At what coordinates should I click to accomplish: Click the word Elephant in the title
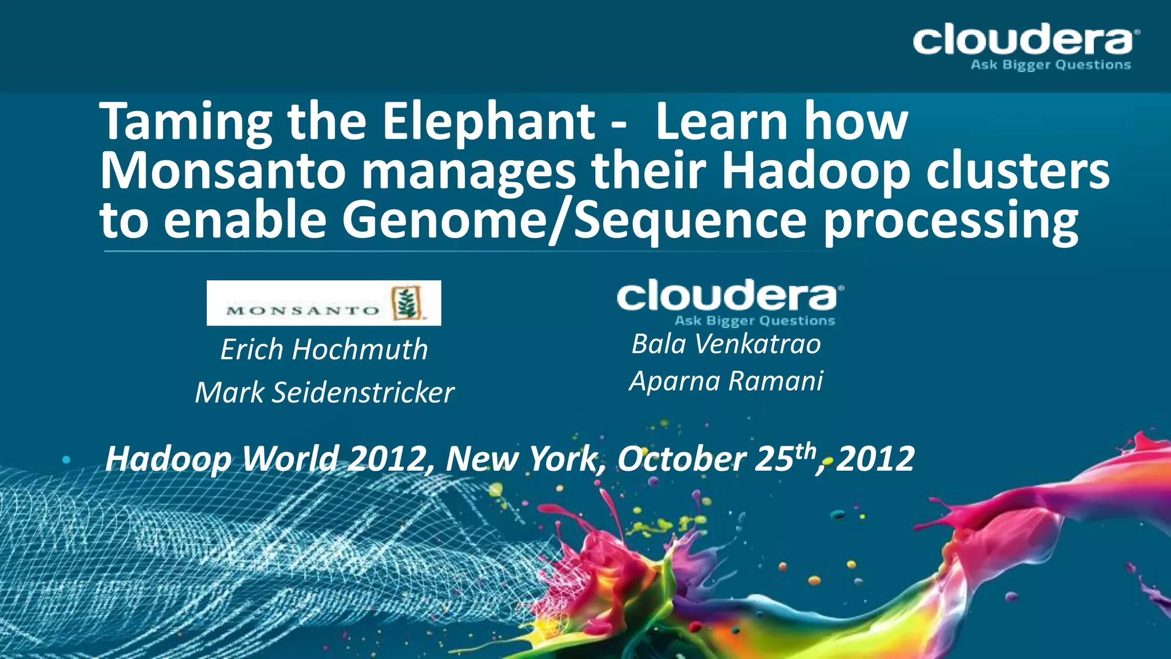click(489, 121)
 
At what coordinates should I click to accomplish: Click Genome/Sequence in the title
click(574, 221)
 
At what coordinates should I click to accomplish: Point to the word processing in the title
click(950, 221)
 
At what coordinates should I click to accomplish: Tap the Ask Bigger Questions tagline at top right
click(1050, 65)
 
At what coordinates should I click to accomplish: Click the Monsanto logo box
click(324, 303)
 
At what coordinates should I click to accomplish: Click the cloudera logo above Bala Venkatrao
click(730, 296)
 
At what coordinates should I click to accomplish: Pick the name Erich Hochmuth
click(324, 350)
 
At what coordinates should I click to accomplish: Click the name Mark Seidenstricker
click(324, 392)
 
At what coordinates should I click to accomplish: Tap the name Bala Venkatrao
click(726, 344)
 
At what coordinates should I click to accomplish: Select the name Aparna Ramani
click(726, 381)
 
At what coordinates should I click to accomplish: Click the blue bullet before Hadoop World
click(66, 459)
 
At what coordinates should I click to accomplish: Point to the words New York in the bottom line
click(523, 459)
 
